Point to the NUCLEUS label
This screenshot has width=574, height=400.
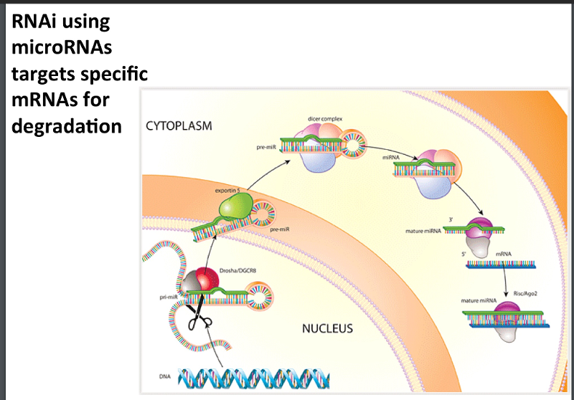point(327,329)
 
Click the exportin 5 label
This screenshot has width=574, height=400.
point(228,191)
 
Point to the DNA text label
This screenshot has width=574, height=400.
point(164,376)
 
